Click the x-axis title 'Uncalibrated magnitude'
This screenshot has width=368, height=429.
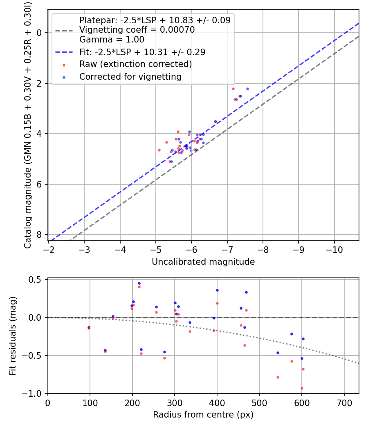pyautogui.click(x=203, y=262)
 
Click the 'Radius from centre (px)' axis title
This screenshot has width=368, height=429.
pyautogui.click(x=203, y=415)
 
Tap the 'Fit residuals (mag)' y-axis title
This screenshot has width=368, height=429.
pyautogui.click(x=12, y=336)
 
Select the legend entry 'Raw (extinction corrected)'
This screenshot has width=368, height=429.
pyautogui.click(x=135, y=64)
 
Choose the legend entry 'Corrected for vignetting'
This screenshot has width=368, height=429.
pyautogui.click(x=130, y=76)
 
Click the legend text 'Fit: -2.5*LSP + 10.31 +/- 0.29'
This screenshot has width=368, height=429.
pyautogui.click(x=142, y=52)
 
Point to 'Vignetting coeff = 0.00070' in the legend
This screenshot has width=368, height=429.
pyautogui.click(x=137, y=30)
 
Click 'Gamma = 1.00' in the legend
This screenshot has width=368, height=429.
pyautogui.click(x=112, y=40)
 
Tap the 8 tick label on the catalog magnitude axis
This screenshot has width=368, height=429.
pyautogui.click(x=39, y=235)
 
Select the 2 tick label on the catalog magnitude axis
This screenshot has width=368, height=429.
pyautogui.click(x=39, y=83)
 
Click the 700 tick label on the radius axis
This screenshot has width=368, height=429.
pyautogui.click(x=344, y=402)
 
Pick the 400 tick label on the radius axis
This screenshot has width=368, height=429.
pyautogui.click(x=217, y=402)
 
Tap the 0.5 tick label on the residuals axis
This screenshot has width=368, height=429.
pyautogui.click(x=37, y=280)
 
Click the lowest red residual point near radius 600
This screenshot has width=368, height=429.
pyautogui.click(x=302, y=389)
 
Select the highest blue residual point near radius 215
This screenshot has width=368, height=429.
pyautogui.click(x=139, y=283)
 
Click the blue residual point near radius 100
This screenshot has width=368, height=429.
pyautogui.click(x=89, y=327)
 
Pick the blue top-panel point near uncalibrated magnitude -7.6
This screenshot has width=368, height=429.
pyautogui.click(x=247, y=89)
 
